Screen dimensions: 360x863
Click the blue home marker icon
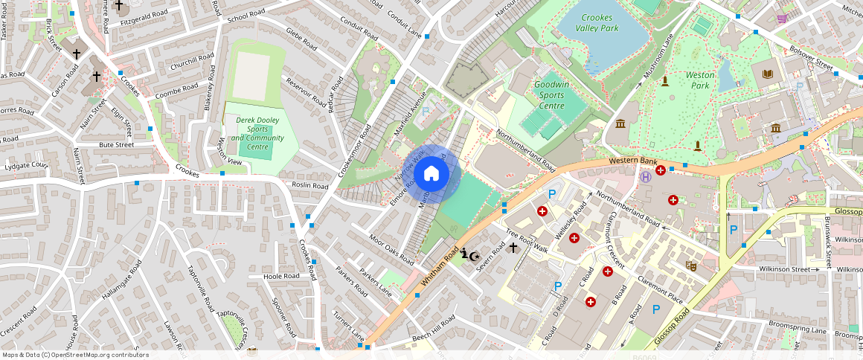pos(431,175)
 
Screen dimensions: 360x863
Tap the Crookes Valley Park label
pos(598,23)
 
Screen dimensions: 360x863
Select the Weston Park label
pos(699,80)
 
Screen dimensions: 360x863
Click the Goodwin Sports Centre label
pos(559,95)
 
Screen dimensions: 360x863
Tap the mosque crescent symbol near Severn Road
pos(469,254)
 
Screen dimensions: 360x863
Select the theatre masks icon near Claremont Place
pos(691,264)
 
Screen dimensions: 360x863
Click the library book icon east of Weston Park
pos(768,74)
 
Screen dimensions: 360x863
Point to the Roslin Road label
pos(310,185)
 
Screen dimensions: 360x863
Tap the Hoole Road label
pos(281,276)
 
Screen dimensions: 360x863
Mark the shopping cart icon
pos(782,19)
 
